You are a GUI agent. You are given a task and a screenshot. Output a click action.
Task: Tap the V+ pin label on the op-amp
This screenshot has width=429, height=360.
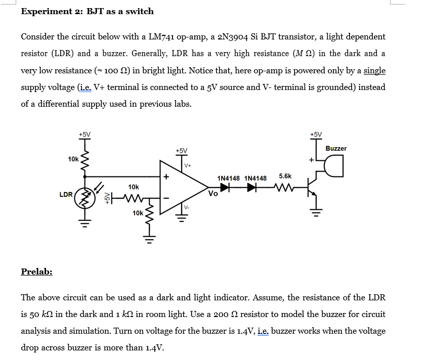[x=188, y=165]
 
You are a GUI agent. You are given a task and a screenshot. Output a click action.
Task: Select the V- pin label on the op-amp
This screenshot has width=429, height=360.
[x=187, y=207]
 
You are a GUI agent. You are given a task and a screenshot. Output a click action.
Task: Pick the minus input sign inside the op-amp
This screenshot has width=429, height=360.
[x=164, y=197]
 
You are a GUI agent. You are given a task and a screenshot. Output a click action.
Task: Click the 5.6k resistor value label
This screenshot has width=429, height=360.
[x=285, y=176]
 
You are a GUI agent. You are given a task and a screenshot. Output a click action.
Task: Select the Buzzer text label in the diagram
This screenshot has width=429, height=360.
[x=336, y=148]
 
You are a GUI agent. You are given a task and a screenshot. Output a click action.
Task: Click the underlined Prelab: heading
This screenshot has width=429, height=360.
[x=36, y=272]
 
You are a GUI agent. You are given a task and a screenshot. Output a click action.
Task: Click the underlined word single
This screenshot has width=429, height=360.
[x=374, y=70]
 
